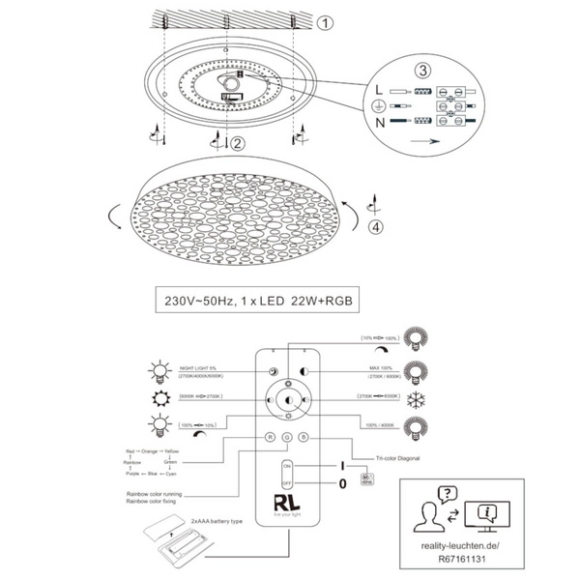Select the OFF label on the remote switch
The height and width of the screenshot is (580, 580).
[286, 480]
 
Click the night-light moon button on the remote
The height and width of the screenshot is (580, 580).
[273, 371]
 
